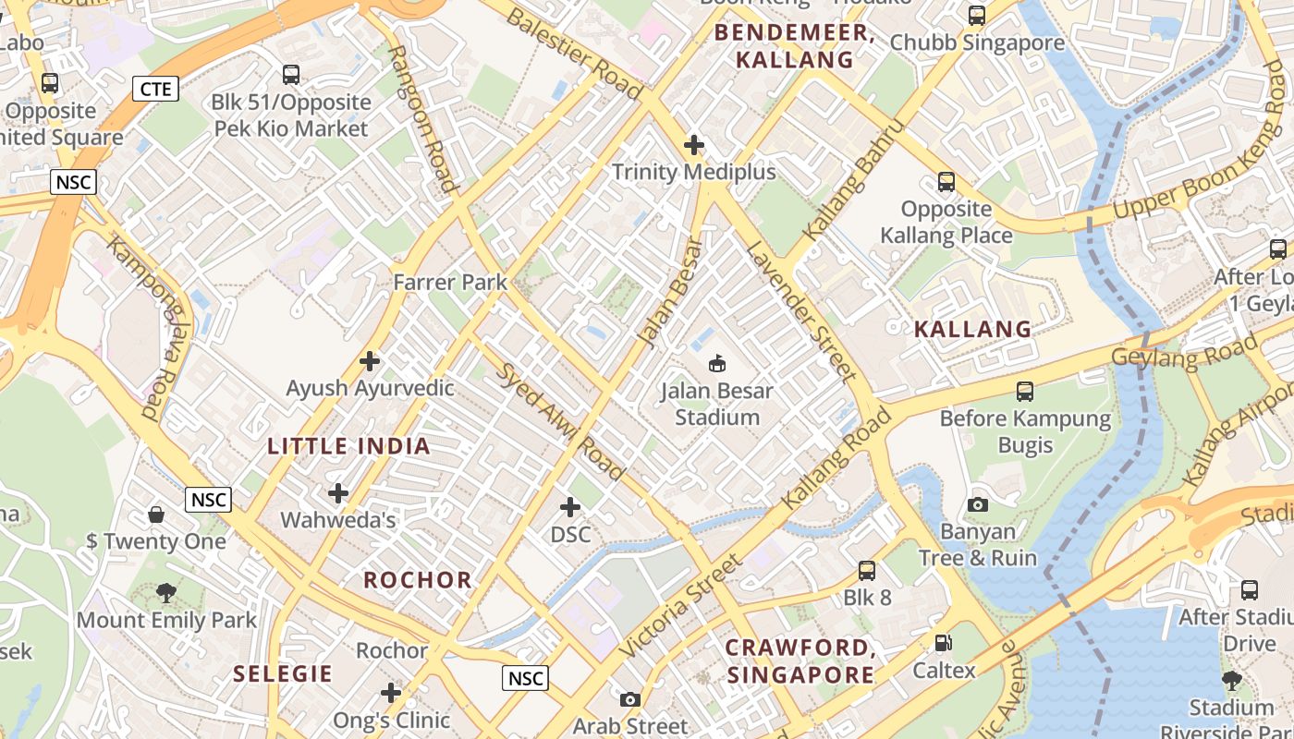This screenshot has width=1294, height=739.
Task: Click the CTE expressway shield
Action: (155, 89)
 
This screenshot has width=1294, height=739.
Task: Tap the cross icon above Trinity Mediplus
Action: (693, 145)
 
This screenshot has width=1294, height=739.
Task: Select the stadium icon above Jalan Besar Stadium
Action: (716, 363)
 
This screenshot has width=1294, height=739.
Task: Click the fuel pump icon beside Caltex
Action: (944, 643)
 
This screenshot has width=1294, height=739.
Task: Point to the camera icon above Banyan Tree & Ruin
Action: (977, 504)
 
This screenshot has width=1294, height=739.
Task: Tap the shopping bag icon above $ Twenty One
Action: (156, 514)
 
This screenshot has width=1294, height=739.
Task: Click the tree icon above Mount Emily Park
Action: (166, 592)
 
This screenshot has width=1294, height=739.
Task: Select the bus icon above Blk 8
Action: (866, 570)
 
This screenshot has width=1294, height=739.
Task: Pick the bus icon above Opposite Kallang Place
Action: (946, 182)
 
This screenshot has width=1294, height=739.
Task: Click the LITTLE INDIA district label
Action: (348, 446)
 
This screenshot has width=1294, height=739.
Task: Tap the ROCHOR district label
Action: (418, 580)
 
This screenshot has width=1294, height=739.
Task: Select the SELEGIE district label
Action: (283, 673)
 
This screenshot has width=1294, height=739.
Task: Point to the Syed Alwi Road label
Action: (561, 422)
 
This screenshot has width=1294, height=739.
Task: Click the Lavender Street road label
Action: (800, 311)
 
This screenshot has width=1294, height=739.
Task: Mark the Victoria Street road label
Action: (680, 607)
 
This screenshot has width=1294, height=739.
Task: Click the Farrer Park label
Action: (450, 282)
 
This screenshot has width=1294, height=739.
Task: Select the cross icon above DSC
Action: (570, 507)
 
